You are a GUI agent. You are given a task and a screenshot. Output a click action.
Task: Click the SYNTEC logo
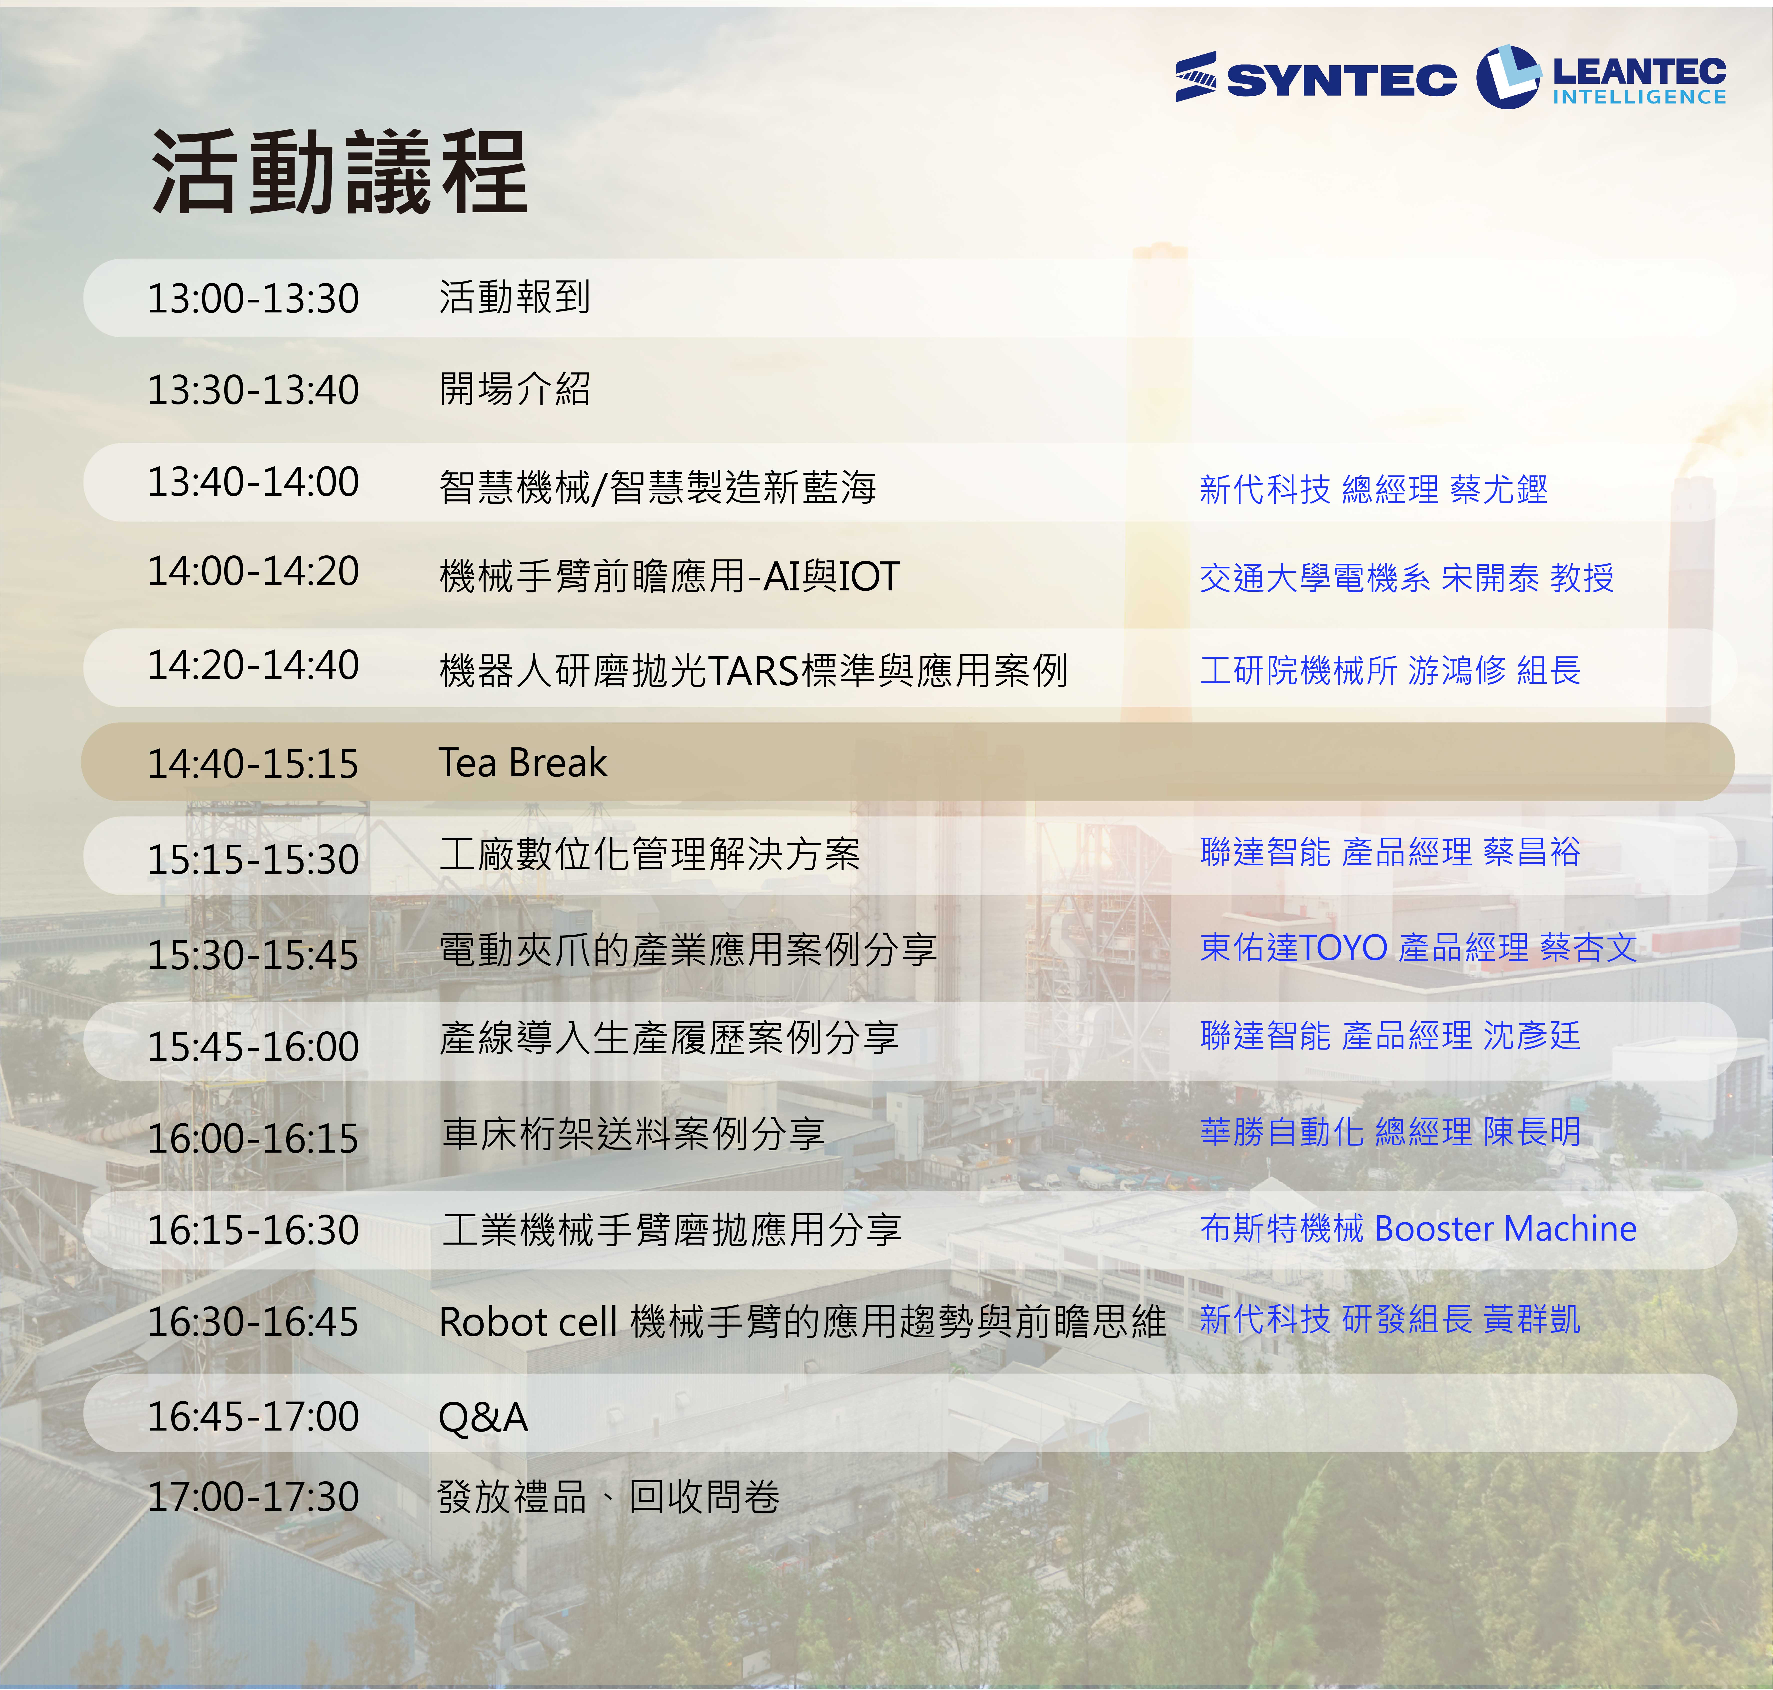pos(1315,77)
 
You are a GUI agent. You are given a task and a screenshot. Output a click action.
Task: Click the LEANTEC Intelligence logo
pos(1601,77)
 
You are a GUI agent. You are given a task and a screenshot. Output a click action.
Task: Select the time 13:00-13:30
pos(253,298)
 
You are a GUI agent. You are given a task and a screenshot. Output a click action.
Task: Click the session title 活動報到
pos(514,297)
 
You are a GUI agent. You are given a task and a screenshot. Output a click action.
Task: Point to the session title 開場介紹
pos(514,389)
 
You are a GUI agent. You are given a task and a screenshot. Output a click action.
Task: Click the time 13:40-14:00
pos(253,482)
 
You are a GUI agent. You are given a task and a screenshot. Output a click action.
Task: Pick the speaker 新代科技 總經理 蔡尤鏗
pos(1373,489)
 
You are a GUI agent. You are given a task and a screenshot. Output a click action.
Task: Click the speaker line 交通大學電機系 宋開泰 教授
pos(1406,577)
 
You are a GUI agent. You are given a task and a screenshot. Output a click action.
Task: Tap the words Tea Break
pos(523,763)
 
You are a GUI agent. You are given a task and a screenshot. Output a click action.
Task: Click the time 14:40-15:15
pos(253,764)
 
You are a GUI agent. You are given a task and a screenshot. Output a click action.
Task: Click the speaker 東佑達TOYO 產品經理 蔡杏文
pos(1418,947)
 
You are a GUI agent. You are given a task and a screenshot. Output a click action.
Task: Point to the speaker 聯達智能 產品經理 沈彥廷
pos(1390,1035)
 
